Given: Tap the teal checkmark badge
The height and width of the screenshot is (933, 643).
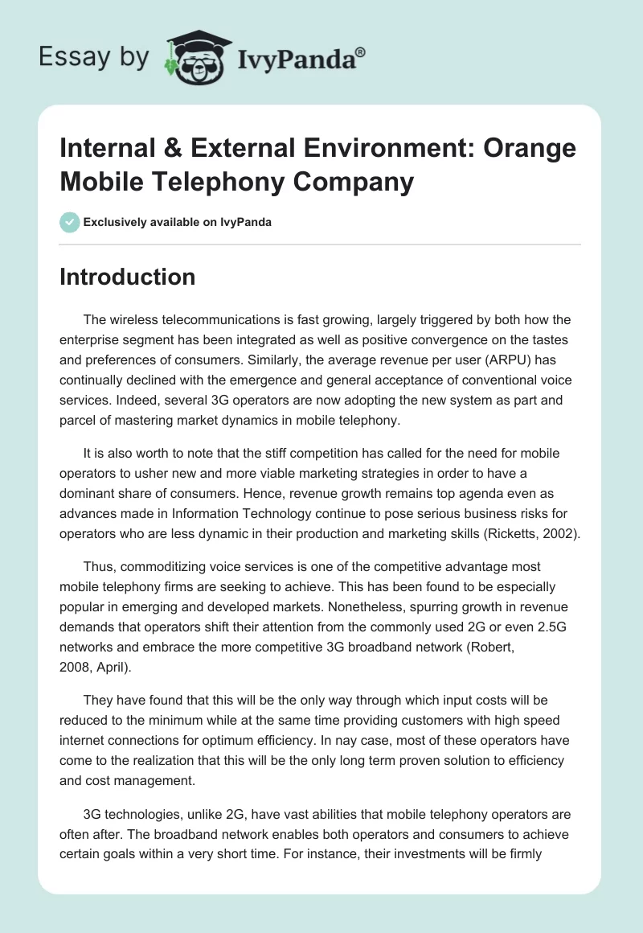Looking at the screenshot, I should (x=69, y=222).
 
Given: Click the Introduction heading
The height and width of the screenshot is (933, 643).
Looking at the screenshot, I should (x=127, y=277).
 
